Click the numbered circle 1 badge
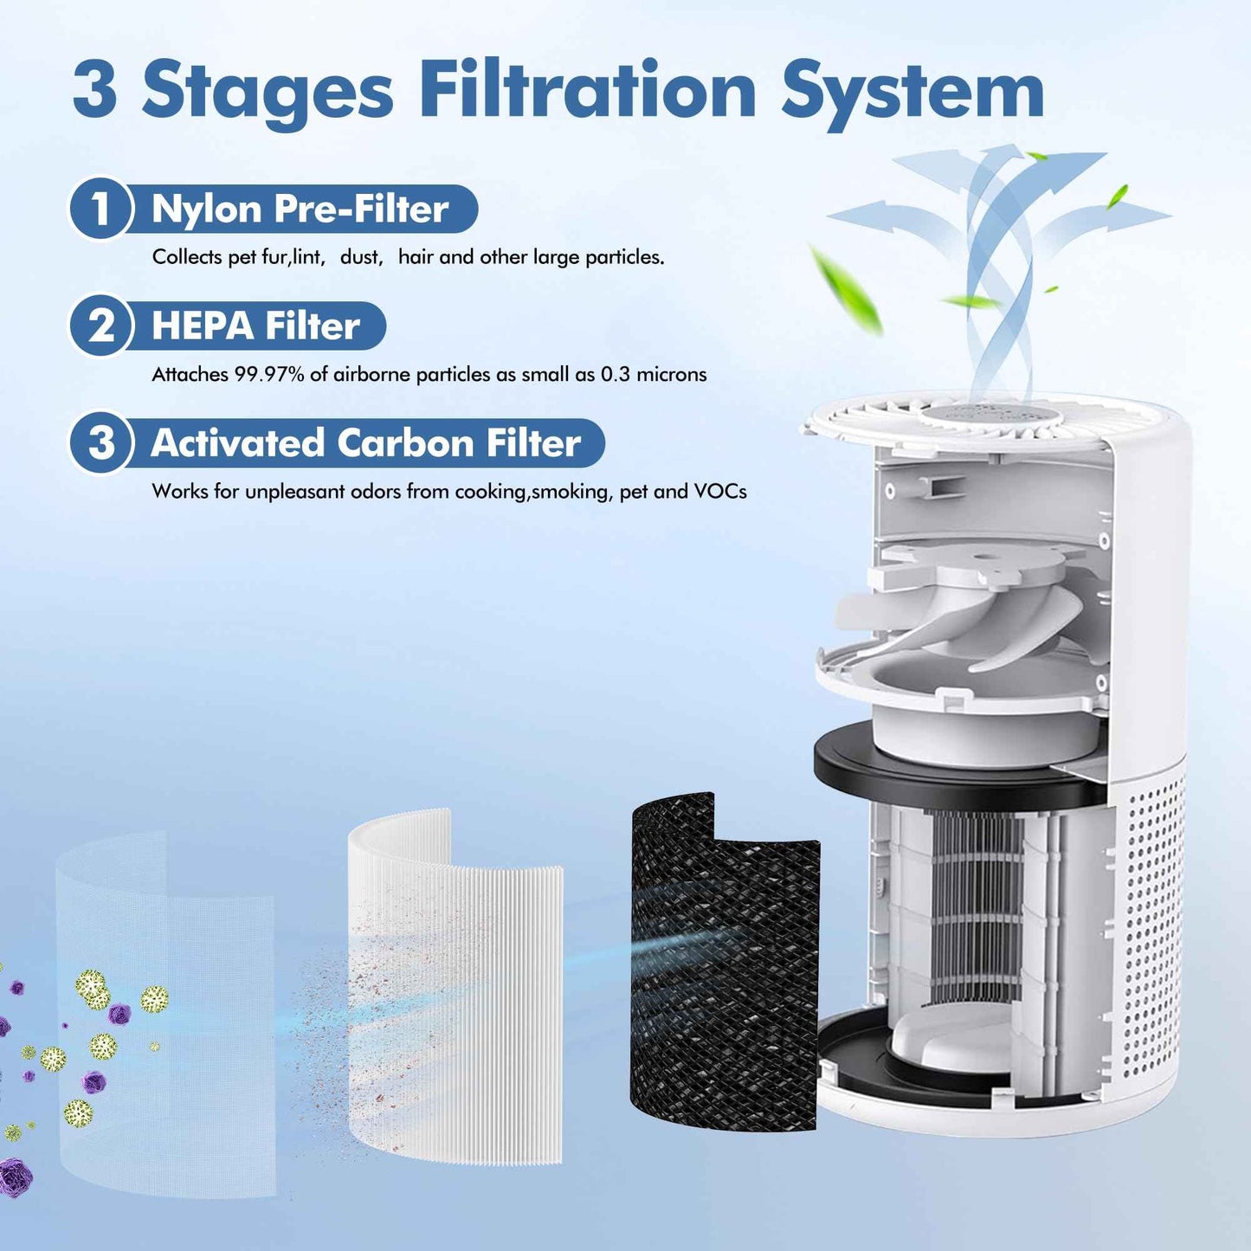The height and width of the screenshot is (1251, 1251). pyautogui.click(x=100, y=209)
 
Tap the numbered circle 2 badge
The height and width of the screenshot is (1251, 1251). pyautogui.click(x=100, y=326)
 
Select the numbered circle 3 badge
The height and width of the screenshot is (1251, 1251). pyautogui.click(x=100, y=442)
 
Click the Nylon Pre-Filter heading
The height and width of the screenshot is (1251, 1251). pyautogui.click(x=300, y=209)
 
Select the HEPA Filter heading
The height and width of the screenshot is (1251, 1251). pyautogui.click(x=255, y=326)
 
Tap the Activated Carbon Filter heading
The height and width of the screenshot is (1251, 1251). pyautogui.click(x=365, y=442)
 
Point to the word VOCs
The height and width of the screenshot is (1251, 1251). pyautogui.click(x=719, y=491)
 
